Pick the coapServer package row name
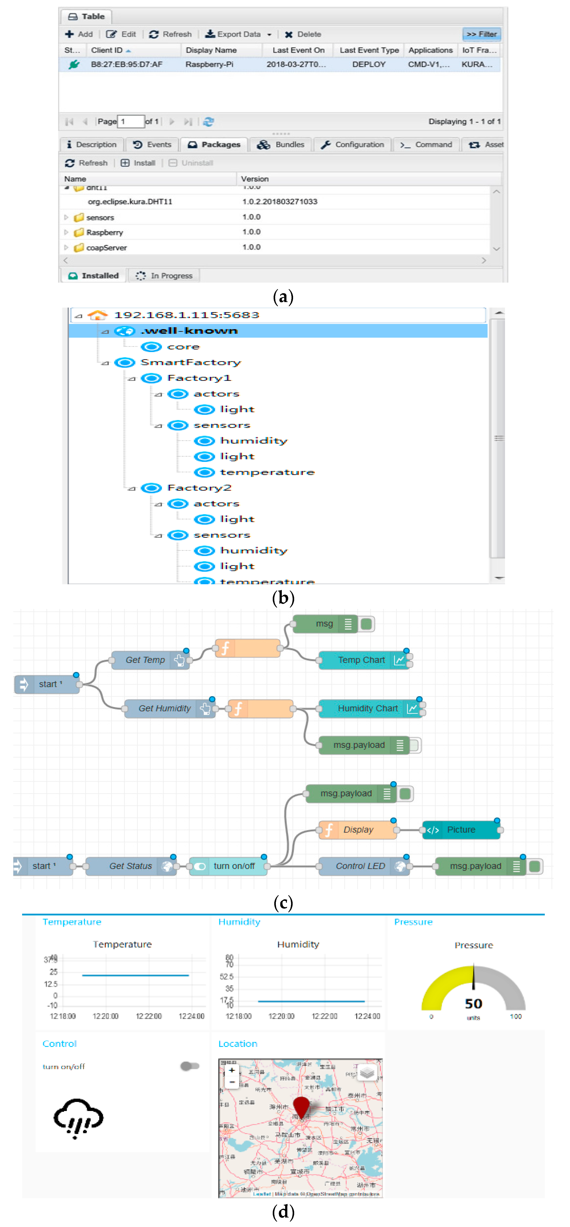pyautogui.click(x=106, y=248)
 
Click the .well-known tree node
pyautogui.click(x=189, y=331)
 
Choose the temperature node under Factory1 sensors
pyautogui.click(x=267, y=472)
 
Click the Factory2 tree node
pyautogui.click(x=199, y=488)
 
